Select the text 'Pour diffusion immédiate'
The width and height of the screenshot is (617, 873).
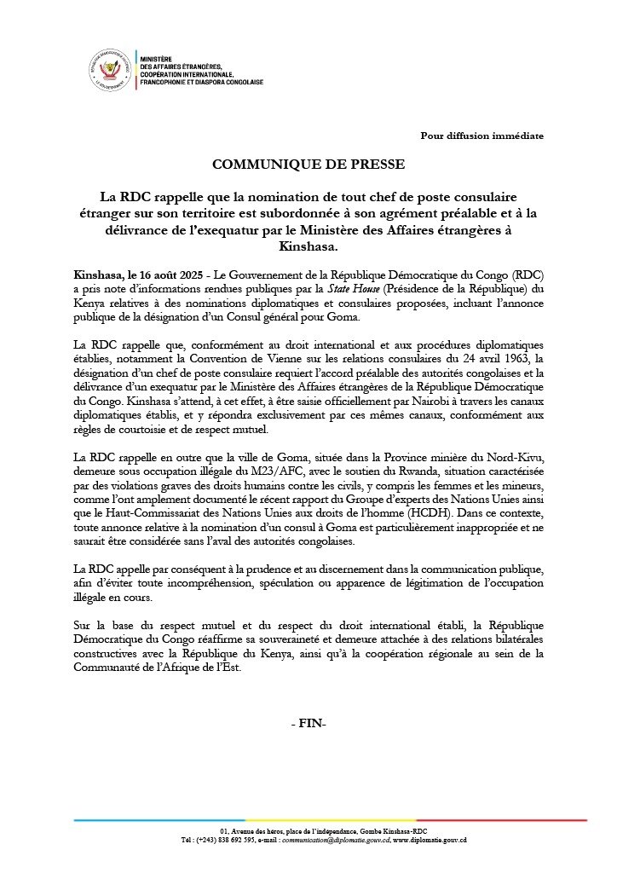tap(481, 136)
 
